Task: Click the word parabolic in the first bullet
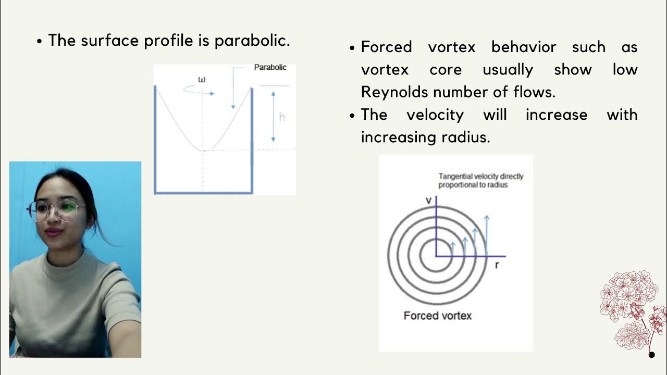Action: [x=252, y=40]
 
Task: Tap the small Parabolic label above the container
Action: [x=270, y=67]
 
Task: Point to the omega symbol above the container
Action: [x=202, y=80]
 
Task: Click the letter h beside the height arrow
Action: [x=282, y=117]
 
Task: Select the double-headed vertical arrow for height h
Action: [x=273, y=116]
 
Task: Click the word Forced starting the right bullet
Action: [x=386, y=47]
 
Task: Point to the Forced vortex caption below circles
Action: [x=437, y=316]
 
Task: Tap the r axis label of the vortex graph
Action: [x=497, y=265]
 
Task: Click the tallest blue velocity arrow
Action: [x=486, y=234]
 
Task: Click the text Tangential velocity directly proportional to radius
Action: [x=480, y=181]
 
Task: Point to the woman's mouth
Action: [x=53, y=230]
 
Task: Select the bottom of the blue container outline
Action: [x=203, y=193]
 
